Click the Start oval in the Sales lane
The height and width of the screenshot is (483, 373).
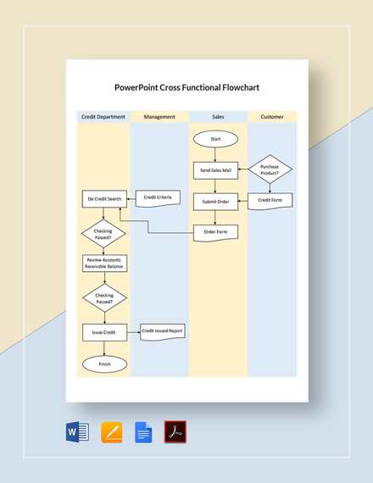[215, 138]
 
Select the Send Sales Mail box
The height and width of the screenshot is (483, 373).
[215, 170]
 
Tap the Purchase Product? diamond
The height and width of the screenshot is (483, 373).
[270, 170]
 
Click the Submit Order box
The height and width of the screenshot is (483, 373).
[215, 201]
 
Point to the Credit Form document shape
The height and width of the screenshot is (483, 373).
[270, 201]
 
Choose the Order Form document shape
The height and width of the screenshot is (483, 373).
[215, 231]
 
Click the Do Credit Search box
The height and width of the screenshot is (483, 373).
[103, 199]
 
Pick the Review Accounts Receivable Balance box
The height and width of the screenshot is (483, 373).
[103, 263]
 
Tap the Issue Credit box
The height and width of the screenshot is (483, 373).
[103, 332]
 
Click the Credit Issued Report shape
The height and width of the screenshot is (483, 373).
[161, 331]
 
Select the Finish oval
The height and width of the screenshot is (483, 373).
[103, 364]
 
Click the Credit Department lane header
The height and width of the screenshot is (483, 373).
[103, 117]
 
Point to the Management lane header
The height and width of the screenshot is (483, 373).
[159, 117]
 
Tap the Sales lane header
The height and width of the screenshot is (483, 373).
[218, 117]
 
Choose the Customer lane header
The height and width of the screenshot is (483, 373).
[272, 117]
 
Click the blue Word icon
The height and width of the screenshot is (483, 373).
[77, 432]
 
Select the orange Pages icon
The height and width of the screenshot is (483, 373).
[112, 432]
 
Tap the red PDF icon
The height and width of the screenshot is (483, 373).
[175, 432]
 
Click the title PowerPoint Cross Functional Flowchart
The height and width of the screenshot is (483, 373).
[186, 86]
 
